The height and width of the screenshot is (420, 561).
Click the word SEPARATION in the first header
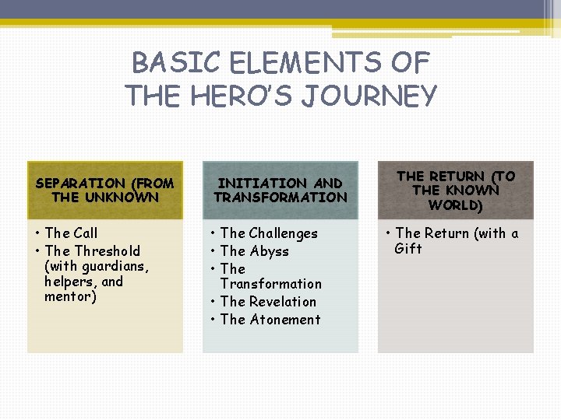(81, 184)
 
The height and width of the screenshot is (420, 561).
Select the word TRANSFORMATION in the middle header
(280, 198)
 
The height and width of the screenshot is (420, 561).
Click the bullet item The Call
(71, 233)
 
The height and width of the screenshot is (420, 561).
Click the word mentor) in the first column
(71, 297)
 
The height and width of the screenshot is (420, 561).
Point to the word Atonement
(285, 320)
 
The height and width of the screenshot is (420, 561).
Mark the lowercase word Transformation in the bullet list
(270, 285)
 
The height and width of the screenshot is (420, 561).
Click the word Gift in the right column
(408, 249)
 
